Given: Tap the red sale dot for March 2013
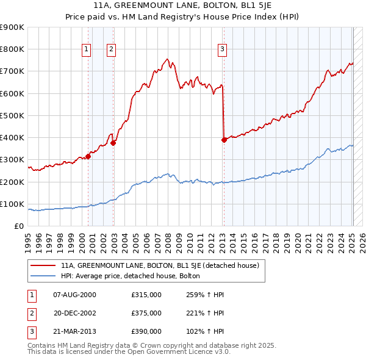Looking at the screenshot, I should click(224, 140).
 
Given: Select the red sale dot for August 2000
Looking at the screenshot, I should click(88, 156).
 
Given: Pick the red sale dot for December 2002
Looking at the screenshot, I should click(113, 143).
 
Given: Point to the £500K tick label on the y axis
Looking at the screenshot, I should click(12, 115).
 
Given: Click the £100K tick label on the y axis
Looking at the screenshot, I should click(12, 204).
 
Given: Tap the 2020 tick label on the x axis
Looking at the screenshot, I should click(299, 238).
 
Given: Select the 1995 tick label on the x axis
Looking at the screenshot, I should click(27, 238).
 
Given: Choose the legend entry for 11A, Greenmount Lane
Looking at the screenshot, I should click(160, 265).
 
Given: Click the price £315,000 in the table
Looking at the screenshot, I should click(146, 295).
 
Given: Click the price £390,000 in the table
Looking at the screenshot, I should click(146, 331).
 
